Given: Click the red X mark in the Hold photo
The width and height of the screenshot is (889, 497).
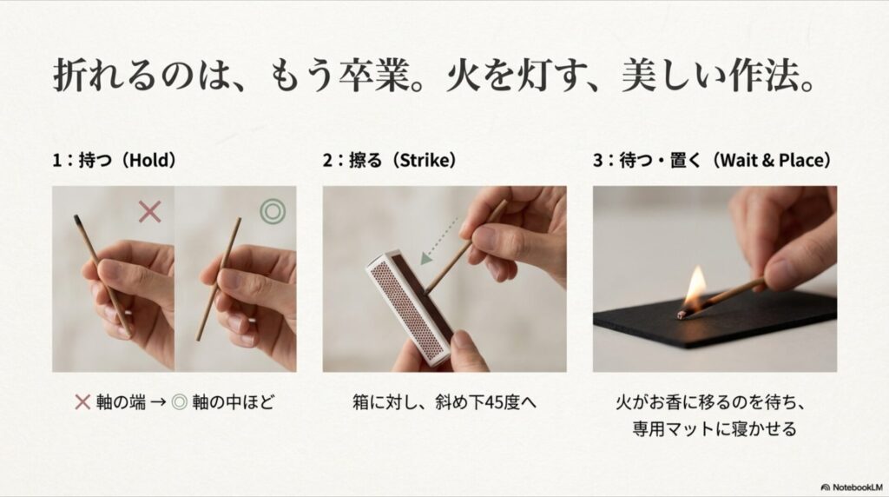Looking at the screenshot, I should pyautogui.click(x=149, y=211).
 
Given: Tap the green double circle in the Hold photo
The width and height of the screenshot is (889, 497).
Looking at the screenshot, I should pyautogui.click(x=272, y=211).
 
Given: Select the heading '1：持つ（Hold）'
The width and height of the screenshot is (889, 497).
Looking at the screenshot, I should pyautogui.click(x=115, y=161).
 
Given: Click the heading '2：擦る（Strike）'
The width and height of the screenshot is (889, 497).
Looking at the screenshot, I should pyautogui.click(x=390, y=161).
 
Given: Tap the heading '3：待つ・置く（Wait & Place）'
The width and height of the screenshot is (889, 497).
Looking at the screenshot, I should pyautogui.click(x=713, y=161).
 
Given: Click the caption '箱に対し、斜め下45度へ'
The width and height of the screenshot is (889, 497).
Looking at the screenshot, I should pyautogui.click(x=444, y=402).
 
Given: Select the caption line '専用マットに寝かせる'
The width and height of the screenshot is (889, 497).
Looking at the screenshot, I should pyautogui.click(x=714, y=429).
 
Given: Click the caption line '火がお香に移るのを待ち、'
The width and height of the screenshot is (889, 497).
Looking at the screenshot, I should pyautogui.click(x=714, y=402).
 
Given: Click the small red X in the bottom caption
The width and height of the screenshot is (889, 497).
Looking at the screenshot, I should pyautogui.click(x=83, y=402).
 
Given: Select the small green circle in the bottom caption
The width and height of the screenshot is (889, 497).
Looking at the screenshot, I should pyautogui.click(x=181, y=402).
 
